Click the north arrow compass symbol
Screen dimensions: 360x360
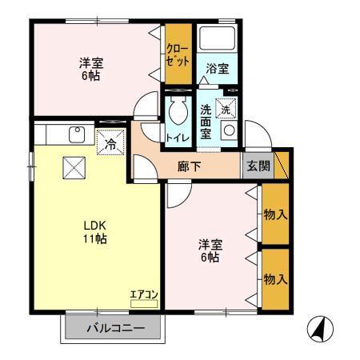coord(319,328)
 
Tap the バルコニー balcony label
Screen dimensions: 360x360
coord(113,328)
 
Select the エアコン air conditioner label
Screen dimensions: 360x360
coord(144,295)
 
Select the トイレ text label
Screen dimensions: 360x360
coord(177,138)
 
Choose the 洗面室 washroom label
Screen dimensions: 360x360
coord(206,122)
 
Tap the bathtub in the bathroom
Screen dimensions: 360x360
coord(215,39)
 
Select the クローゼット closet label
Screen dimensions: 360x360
coord(178,54)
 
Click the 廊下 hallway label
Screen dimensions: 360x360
coord(189,166)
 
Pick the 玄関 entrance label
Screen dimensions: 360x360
coord(258,166)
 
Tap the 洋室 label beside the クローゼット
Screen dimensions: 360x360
coord(90,69)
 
